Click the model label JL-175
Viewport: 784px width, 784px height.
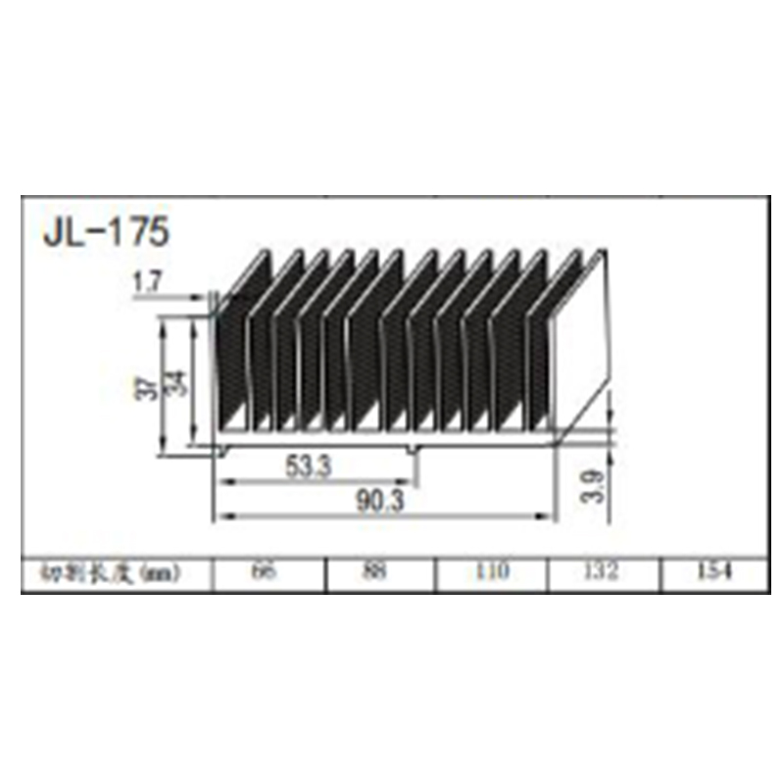(107, 232)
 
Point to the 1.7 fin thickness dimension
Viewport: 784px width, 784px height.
(146, 284)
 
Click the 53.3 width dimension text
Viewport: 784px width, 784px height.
(309, 466)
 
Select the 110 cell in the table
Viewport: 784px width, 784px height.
(491, 571)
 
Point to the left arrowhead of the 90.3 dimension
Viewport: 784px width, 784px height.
(221, 515)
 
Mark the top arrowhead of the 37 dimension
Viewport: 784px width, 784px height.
(165, 319)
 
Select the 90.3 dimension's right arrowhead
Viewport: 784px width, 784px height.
(549, 515)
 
